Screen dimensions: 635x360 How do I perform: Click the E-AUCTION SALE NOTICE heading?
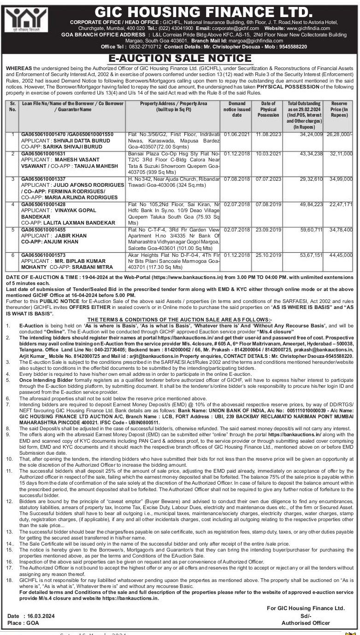pos(180,59)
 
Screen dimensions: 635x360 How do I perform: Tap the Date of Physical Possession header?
pos(268,109)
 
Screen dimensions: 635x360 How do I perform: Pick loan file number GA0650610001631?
pos(47,152)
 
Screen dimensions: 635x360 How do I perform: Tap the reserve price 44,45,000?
pos(342,255)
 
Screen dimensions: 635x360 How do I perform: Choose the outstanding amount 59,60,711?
pos(309,229)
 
